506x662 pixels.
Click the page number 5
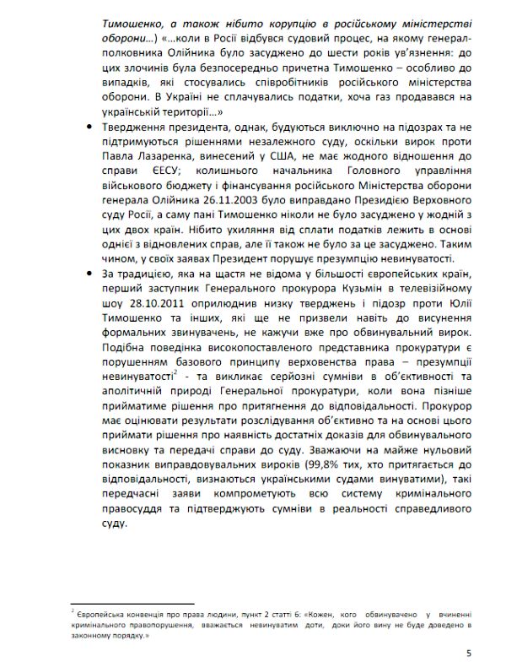[x=467, y=652]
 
